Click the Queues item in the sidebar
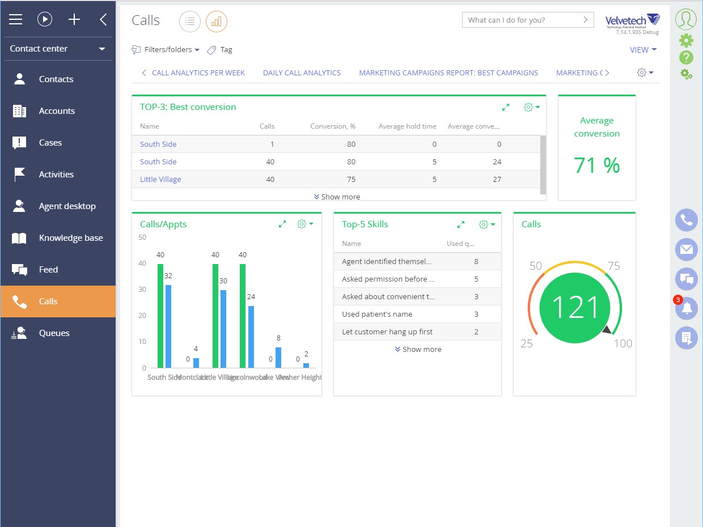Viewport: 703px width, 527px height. click(54, 333)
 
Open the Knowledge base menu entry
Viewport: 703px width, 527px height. click(70, 238)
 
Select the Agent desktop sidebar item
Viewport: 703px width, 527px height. click(67, 206)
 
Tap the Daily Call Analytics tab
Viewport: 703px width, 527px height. click(302, 73)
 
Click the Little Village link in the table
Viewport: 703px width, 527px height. click(160, 179)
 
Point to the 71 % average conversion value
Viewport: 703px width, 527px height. click(596, 165)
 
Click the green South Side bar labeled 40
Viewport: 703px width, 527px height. click(160, 316)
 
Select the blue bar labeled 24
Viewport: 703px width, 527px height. click(251, 337)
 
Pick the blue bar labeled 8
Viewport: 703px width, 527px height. click(278, 358)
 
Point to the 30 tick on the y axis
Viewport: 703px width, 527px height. click(142, 290)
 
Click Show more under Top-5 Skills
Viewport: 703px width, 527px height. click(418, 350)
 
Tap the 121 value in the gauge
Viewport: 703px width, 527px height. click(575, 308)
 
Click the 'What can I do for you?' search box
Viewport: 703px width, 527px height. click(522, 20)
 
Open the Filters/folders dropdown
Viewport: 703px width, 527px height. click(166, 50)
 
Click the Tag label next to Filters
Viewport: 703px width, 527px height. click(226, 50)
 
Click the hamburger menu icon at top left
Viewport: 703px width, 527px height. click(15, 20)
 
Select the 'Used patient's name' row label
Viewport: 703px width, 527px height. click(377, 314)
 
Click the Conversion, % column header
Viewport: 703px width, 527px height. click(333, 126)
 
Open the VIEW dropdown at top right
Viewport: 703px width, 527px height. click(643, 50)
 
